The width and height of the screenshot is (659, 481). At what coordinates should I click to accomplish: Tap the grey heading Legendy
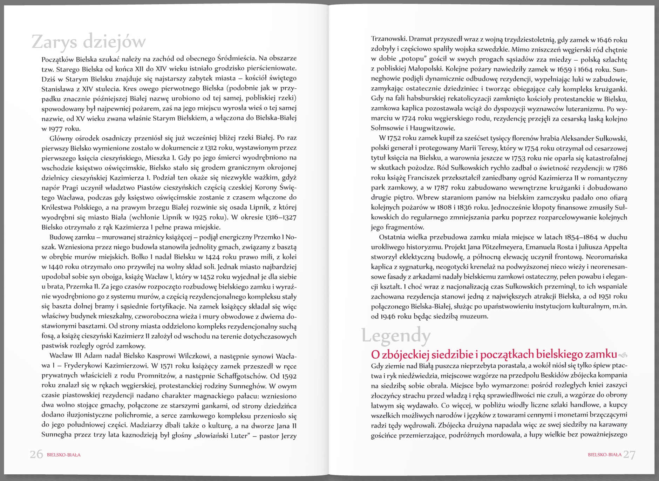tap(396, 336)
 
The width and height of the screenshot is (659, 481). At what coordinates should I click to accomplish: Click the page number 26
tap(36, 454)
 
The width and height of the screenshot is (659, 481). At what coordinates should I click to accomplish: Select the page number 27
tap(629, 455)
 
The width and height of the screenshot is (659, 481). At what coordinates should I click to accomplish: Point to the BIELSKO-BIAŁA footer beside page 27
tap(604, 455)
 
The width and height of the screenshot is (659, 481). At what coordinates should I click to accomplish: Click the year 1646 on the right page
tap(604, 40)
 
